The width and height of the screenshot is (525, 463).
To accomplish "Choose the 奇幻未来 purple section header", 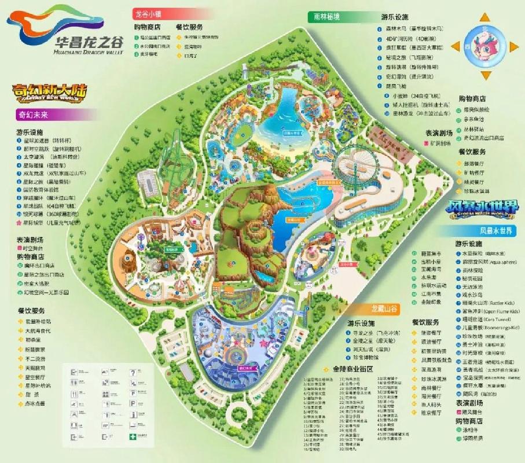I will pos(32,114).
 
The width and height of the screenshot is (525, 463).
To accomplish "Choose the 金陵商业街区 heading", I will pos(353,369).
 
